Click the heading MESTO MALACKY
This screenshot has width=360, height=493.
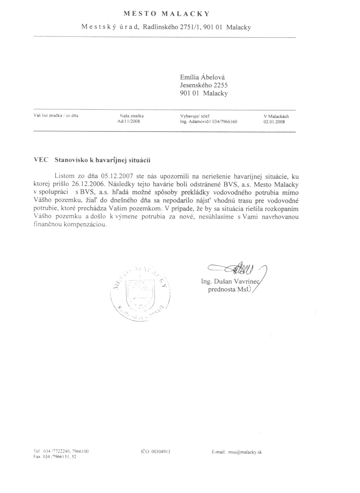(165, 14)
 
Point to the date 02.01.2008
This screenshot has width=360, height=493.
(274, 122)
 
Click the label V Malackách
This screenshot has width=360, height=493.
(276, 116)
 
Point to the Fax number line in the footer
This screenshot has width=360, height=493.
(55, 456)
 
